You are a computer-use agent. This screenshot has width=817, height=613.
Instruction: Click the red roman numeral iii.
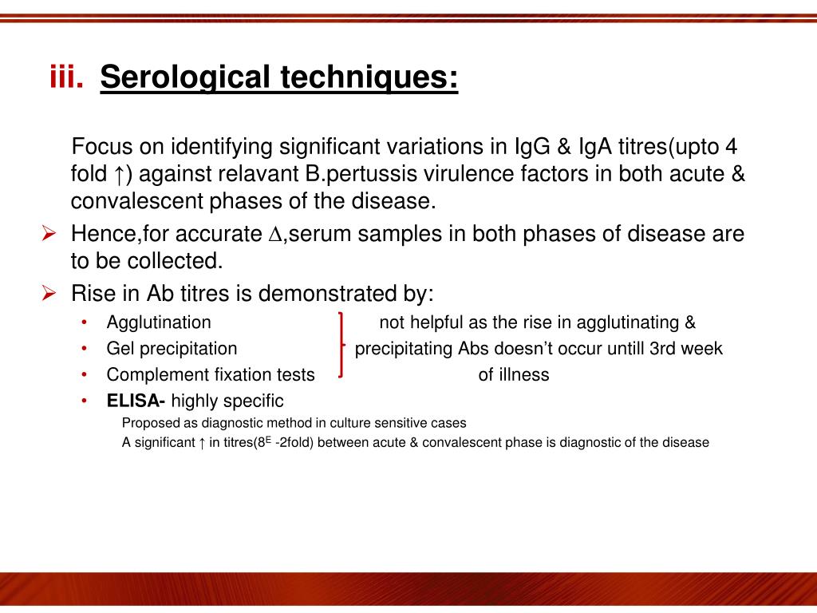[67, 78]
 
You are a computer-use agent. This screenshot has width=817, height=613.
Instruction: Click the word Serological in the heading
[185, 78]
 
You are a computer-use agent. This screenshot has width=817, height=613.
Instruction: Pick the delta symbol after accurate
[275, 235]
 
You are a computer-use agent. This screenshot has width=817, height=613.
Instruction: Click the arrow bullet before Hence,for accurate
[48, 234]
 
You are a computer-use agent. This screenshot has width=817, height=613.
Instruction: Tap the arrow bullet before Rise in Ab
[48, 293]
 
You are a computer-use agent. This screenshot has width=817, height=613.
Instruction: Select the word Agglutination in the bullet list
[159, 322]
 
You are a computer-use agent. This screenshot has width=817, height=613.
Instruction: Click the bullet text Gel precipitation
[172, 349]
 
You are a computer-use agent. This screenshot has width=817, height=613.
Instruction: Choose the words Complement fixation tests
[211, 375]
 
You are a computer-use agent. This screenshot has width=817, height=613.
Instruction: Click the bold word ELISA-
[136, 401]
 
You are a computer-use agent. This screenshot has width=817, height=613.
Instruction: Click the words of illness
[513, 375]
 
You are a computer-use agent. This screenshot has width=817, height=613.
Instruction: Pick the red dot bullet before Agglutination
[85, 322]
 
